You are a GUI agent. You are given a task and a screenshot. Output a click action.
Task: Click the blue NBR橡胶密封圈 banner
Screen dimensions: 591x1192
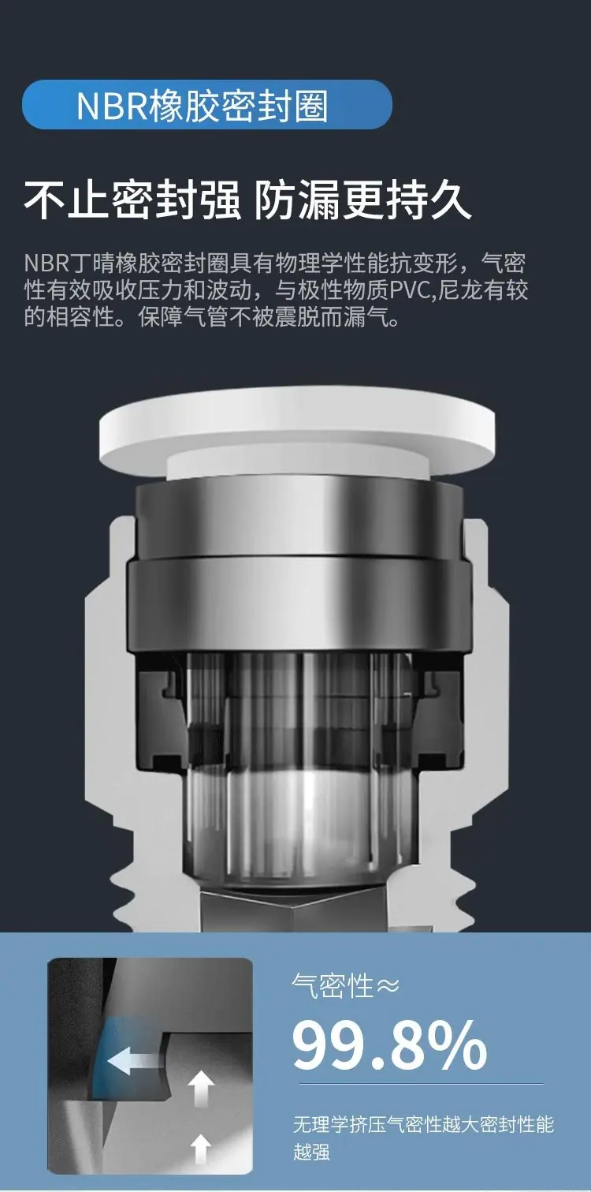pyautogui.click(x=206, y=105)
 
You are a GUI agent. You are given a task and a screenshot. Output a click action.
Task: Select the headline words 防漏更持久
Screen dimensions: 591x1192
pyautogui.click(x=363, y=200)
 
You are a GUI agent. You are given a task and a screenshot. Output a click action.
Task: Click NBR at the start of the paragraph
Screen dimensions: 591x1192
pyautogui.click(x=46, y=263)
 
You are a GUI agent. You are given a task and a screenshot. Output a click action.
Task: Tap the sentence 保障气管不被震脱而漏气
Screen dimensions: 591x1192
pyautogui.click(x=268, y=318)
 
